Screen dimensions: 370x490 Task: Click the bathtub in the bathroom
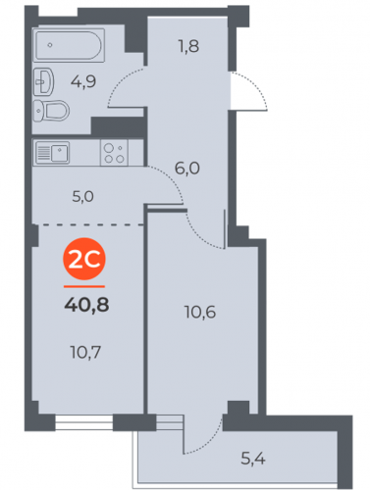point(69,45)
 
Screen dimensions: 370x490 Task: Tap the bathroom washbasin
point(43,81)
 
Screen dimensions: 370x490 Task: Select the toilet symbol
point(51,111)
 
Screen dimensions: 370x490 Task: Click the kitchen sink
point(52,152)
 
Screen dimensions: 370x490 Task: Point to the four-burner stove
point(114,153)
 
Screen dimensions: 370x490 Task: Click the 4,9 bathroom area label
point(83,81)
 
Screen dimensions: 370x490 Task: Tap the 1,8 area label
point(188,46)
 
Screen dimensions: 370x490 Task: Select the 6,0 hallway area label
point(187,169)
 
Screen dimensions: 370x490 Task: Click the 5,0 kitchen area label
point(82,197)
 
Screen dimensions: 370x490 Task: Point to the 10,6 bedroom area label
point(200,312)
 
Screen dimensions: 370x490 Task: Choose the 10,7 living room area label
point(85,353)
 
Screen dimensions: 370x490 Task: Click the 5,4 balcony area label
point(253,459)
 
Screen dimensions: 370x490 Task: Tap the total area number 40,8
point(86,305)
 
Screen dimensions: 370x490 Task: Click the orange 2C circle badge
point(84,259)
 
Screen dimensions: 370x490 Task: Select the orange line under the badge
point(84,286)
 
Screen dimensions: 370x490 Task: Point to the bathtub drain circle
point(50,45)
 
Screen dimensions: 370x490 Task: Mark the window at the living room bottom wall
point(84,422)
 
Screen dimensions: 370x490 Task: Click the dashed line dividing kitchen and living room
point(88,224)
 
